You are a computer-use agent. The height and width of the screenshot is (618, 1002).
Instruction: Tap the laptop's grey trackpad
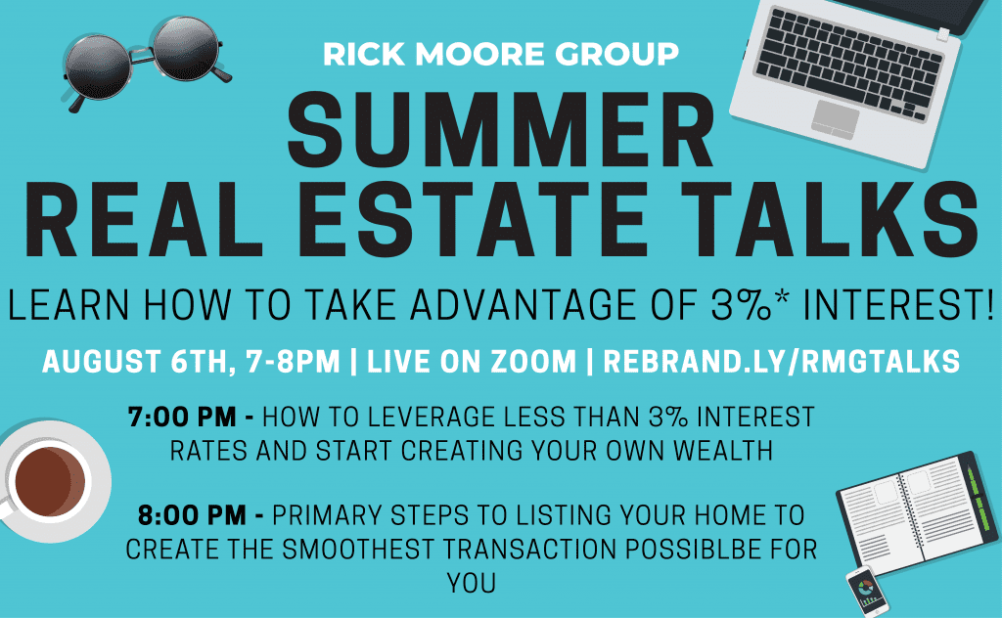836,118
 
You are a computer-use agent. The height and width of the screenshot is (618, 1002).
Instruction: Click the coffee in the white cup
50,481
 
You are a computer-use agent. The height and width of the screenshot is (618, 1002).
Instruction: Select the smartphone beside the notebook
867,592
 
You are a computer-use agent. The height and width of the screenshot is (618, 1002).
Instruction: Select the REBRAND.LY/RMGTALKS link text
782,362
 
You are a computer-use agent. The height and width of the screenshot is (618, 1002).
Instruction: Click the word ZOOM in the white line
533,362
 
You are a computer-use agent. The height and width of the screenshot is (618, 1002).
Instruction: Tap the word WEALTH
723,452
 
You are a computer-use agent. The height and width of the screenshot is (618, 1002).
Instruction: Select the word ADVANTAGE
524,304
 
